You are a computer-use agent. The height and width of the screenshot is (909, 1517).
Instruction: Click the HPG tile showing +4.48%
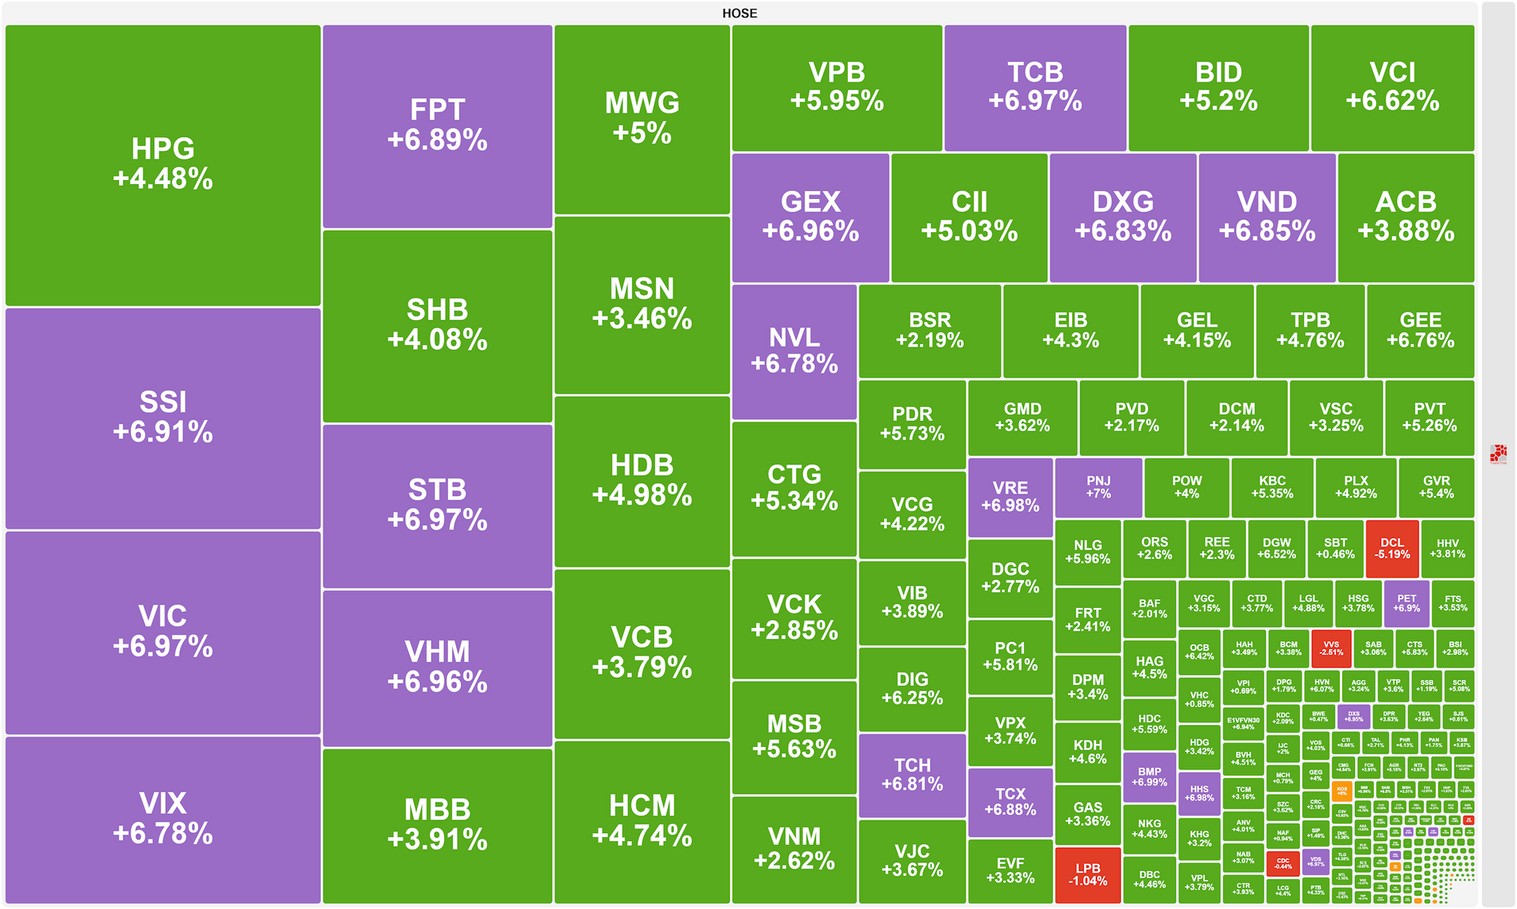coord(163,164)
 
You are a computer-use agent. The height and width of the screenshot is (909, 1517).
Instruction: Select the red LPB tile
coord(1087,874)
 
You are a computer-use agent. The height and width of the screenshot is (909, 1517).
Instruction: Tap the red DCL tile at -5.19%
coord(1391,548)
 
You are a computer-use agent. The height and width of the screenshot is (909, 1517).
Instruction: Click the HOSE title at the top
coord(740,13)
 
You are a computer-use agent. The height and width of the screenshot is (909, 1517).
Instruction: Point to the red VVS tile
coord(1331,648)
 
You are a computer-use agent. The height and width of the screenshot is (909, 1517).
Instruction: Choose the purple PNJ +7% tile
coord(1098,486)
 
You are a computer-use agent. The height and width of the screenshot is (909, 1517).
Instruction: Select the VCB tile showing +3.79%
coord(642,652)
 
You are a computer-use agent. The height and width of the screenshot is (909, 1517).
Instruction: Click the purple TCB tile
coord(1035,87)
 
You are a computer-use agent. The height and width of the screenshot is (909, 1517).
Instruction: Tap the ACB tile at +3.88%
coord(1406,216)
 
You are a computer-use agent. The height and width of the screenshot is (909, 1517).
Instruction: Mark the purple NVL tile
coord(794,351)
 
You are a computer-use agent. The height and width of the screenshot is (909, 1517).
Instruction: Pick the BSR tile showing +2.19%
coord(929,330)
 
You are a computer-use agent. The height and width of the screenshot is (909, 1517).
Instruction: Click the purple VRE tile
coord(1010,497)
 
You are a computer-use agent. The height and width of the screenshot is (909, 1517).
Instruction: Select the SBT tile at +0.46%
coord(1335,548)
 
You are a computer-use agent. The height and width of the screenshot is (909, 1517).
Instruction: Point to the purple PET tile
coord(1406,603)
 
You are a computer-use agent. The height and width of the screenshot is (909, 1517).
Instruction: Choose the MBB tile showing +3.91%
coord(437,824)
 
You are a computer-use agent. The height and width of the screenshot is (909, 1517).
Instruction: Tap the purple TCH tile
coord(912,775)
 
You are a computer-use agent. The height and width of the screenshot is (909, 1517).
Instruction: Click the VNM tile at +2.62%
coord(794,848)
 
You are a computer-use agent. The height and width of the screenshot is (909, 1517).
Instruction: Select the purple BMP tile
coord(1149,776)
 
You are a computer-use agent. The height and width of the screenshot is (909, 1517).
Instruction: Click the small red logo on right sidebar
coord(1498,453)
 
